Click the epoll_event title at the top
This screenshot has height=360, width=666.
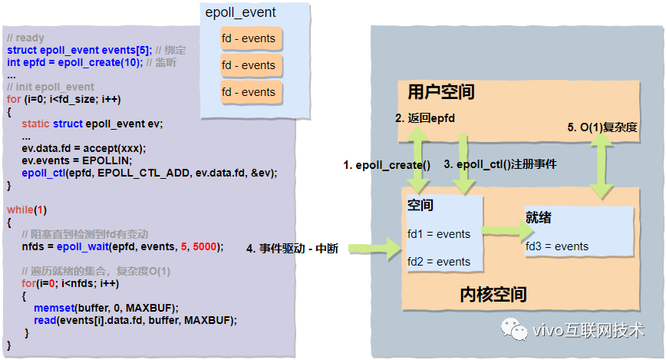tap(240, 12)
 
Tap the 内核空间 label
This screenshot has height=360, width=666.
tap(493, 294)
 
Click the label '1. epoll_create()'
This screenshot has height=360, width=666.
tap(386, 165)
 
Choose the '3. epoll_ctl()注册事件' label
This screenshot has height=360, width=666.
tap(500, 165)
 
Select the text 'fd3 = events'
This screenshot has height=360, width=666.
tap(557, 246)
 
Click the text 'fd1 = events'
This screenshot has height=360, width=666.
tap(439, 234)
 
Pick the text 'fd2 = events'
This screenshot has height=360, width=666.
tap(439, 262)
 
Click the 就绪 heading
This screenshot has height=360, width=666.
tap(539, 219)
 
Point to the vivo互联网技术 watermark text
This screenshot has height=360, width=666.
tap(586, 331)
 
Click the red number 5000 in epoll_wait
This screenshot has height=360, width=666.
tap(205, 246)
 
